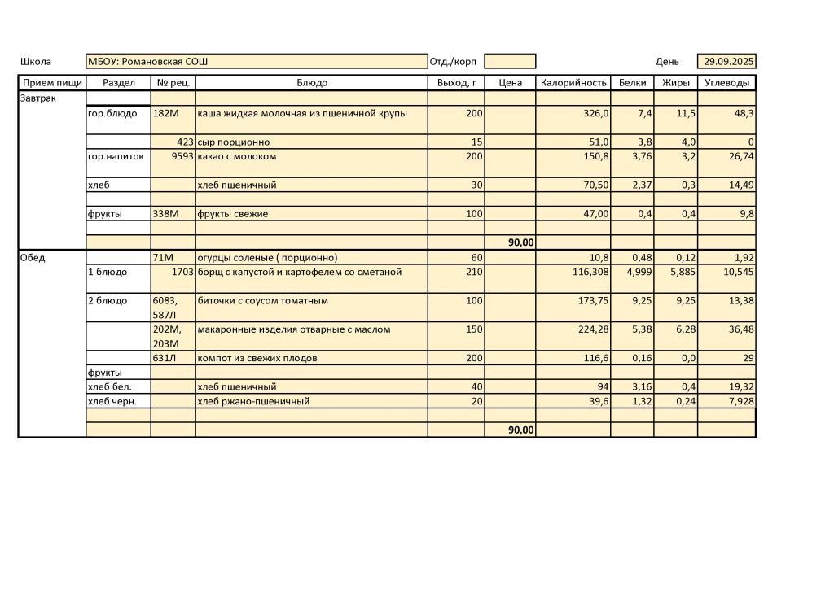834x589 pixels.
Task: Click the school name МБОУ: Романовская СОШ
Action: click(x=147, y=62)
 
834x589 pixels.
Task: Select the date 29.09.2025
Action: click(x=729, y=62)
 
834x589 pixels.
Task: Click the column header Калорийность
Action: click(x=573, y=83)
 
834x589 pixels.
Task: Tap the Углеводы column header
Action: click(x=726, y=83)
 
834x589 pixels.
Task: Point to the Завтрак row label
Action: click(x=39, y=98)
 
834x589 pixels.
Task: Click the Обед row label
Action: click(x=33, y=258)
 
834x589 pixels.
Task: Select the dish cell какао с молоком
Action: click(x=237, y=156)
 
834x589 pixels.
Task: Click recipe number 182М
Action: click(x=165, y=113)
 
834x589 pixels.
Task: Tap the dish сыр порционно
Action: click(x=234, y=142)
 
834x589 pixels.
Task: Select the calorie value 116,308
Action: click(x=590, y=272)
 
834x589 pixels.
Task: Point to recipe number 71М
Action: click(x=164, y=258)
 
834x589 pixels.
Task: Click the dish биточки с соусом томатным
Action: click(x=263, y=301)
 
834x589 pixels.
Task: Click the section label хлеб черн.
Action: click(x=112, y=401)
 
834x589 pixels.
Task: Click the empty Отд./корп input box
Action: click(x=510, y=62)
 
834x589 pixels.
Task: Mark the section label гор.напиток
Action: click(x=116, y=156)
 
